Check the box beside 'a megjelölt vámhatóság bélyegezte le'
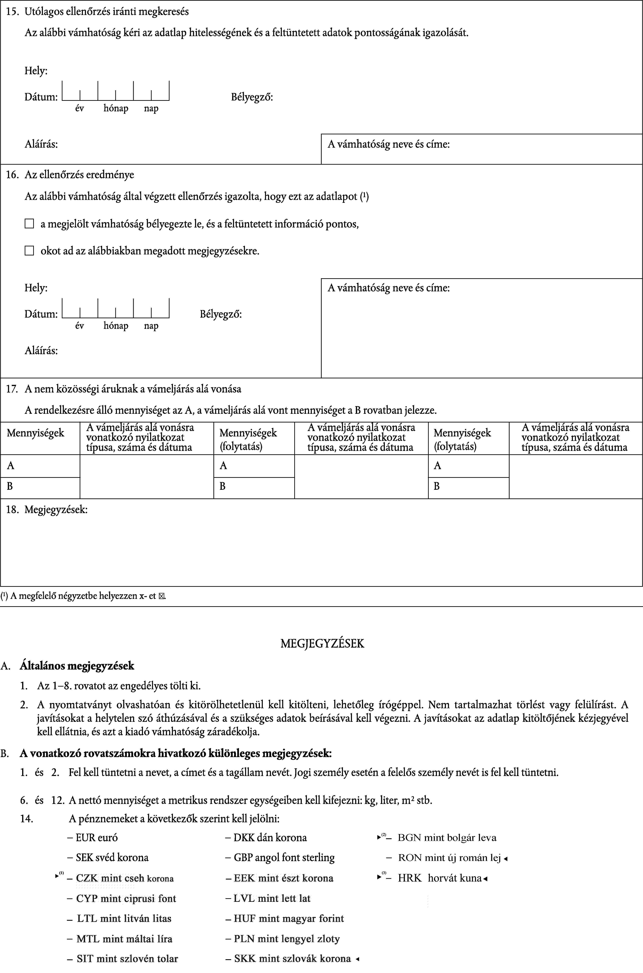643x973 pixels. point(29,224)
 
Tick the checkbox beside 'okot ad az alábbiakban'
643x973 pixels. point(29,251)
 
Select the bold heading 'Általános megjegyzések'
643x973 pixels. point(77,665)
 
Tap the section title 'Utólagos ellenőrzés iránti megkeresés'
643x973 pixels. point(107,11)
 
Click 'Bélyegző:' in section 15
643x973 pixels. point(252,97)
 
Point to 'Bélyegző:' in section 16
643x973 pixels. point(221,314)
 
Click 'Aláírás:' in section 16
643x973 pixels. point(41,350)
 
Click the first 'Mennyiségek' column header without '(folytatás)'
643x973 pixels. point(36,433)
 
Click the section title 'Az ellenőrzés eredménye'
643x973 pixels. point(79,175)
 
